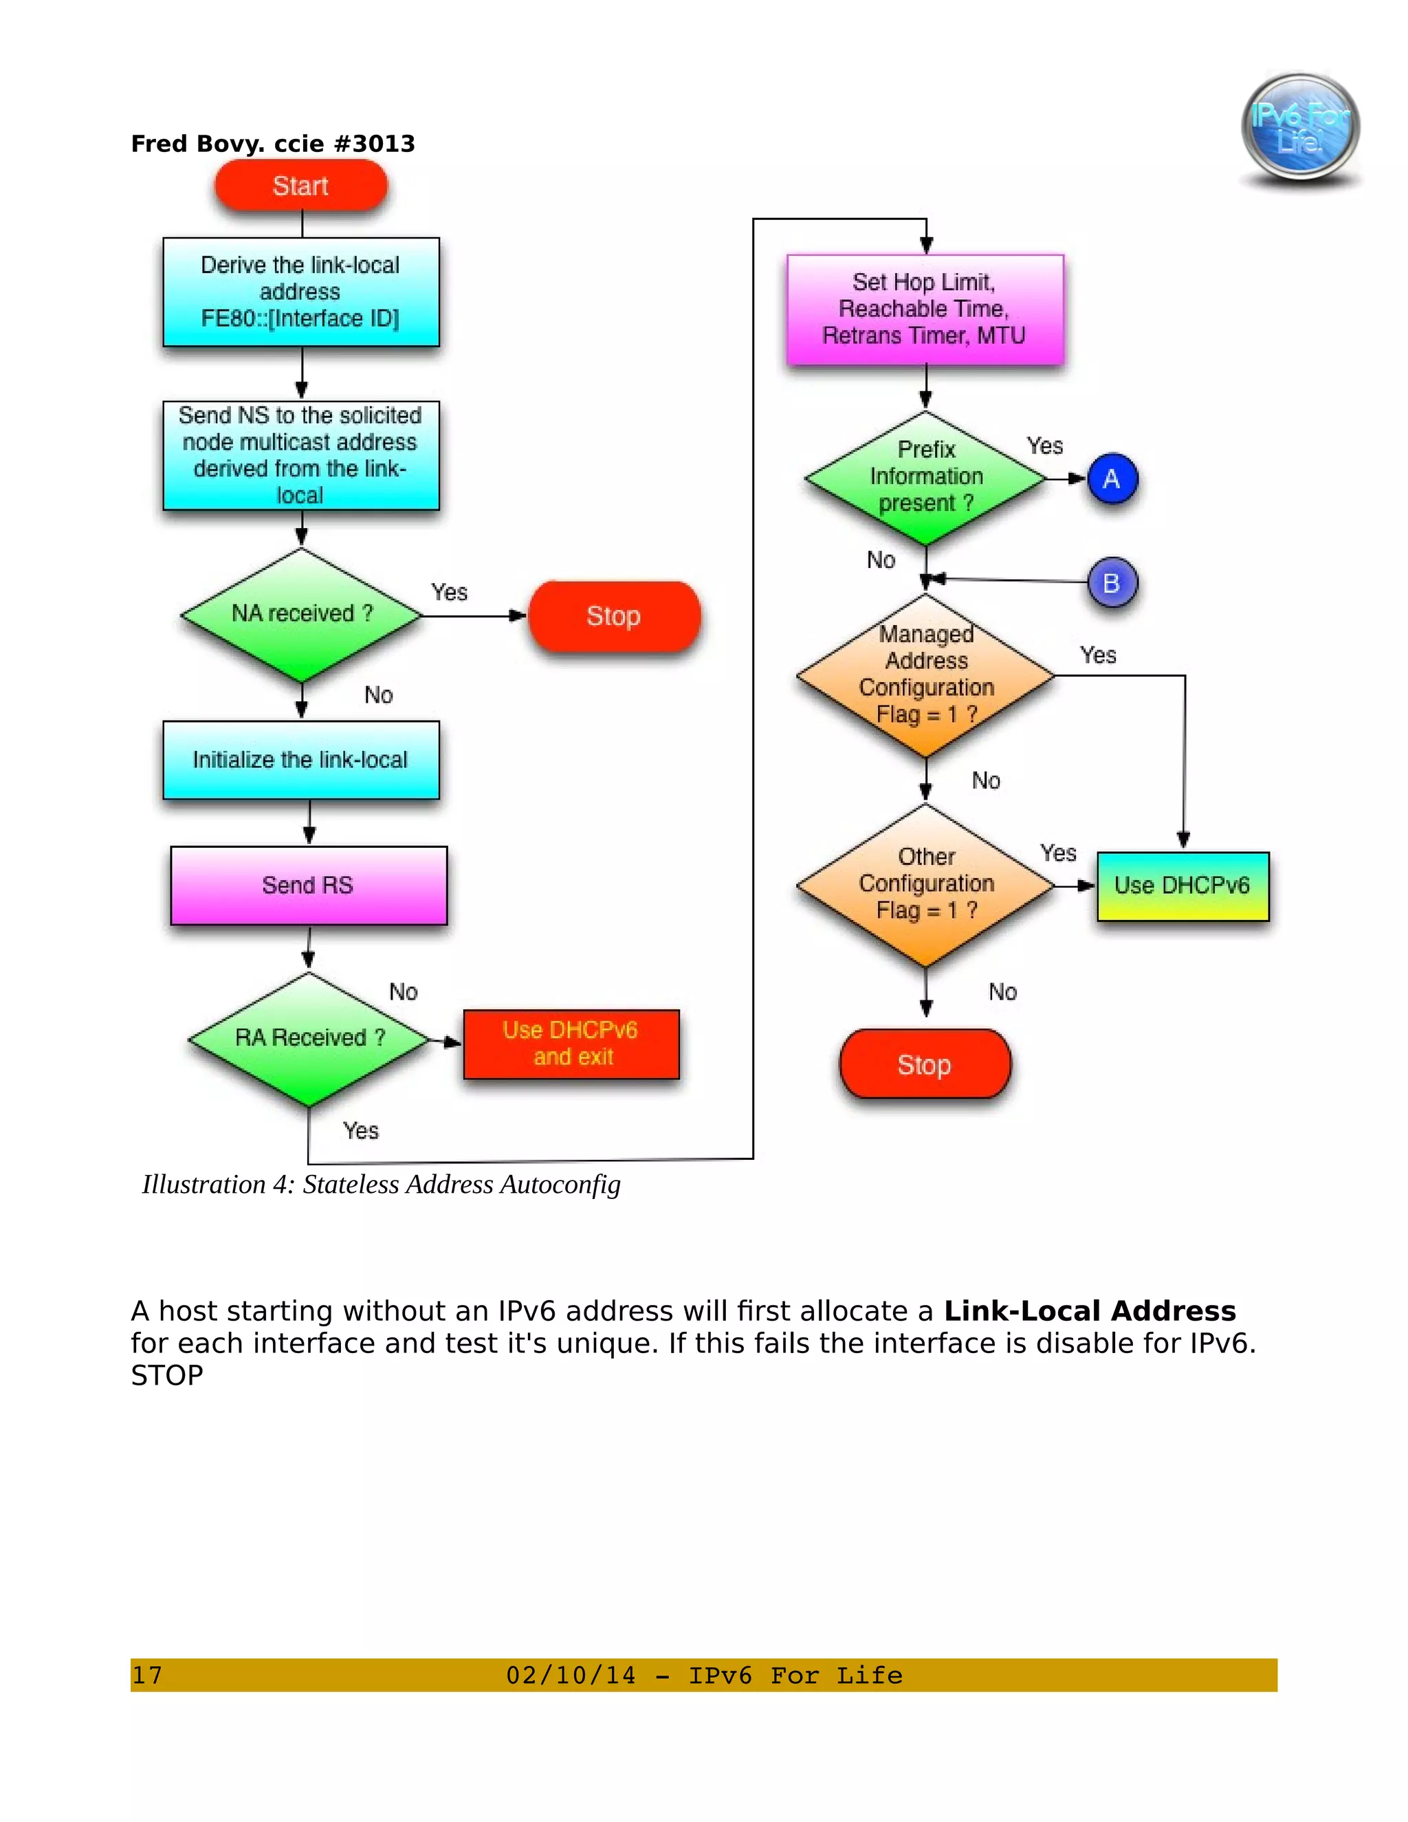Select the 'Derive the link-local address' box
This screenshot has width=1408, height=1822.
point(300,292)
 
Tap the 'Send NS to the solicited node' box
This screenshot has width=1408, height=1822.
point(300,455)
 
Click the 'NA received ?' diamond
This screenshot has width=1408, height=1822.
point(301,615)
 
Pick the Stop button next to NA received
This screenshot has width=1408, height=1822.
point(614,617)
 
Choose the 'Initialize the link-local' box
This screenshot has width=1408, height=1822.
point(300,760)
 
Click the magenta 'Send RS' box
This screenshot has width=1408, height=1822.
point(309,885)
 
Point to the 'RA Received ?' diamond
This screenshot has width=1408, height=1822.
point(309,1039)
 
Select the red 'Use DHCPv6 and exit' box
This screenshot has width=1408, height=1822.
point(571,1044)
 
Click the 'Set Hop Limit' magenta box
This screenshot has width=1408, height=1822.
point(925,309)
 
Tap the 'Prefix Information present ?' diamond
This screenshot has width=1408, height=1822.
point(925,478)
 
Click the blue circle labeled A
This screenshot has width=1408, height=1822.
point(1112,479)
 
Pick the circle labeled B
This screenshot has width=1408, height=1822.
point(1112,582)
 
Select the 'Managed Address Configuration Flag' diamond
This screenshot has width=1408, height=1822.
point(925,676)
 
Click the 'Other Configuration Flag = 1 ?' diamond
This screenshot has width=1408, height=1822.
point(925,884)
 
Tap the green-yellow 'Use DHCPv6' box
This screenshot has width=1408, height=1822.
point(1182,886)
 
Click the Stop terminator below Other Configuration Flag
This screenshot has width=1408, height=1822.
point(924,1064)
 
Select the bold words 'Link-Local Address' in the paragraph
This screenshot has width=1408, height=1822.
point(1090,1311)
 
